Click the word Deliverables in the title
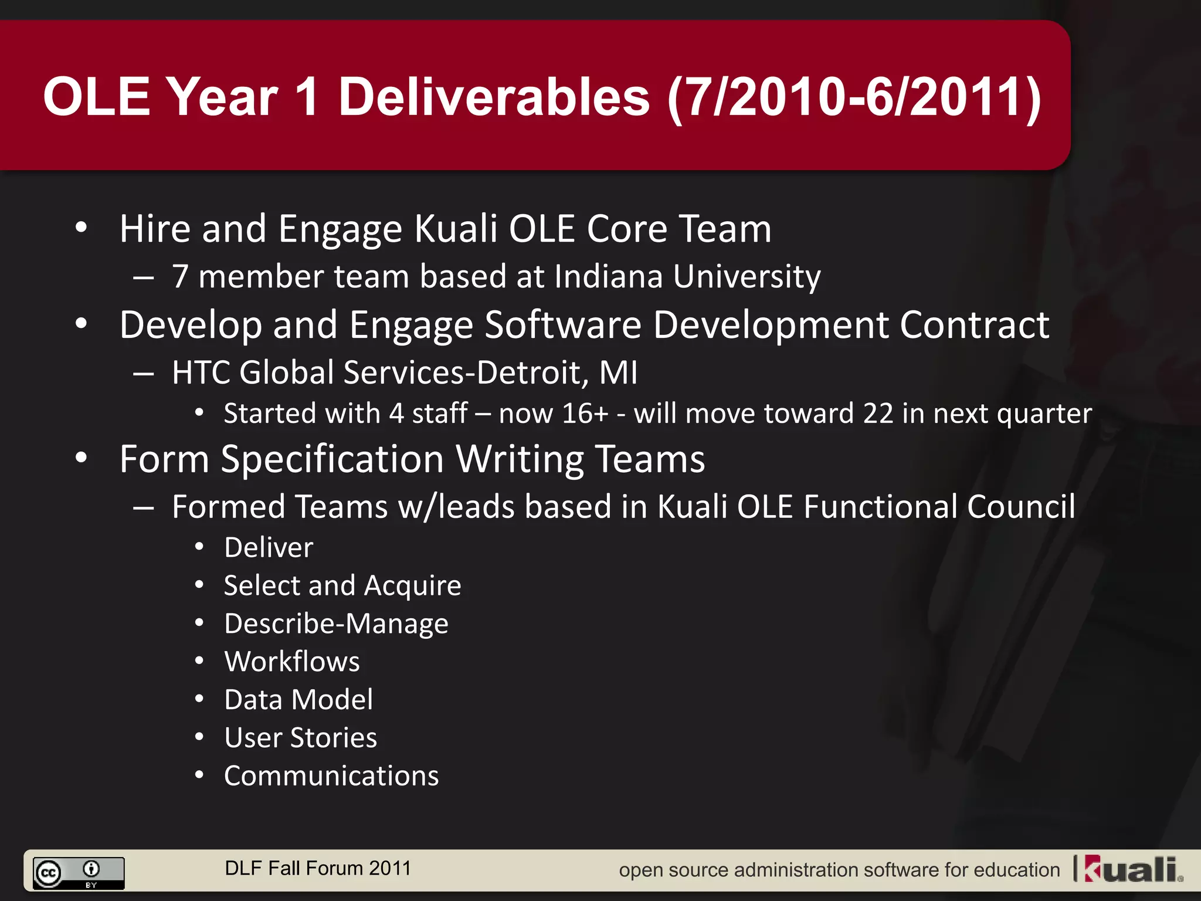point(494,97)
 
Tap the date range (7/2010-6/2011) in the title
point(854,98)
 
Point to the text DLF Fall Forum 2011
point(318,868)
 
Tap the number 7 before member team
point(180,277)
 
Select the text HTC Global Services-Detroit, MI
point(405,372)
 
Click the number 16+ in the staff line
point(585,414)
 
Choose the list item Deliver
point(269,548)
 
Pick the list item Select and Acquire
point(342,586)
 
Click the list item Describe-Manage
point(336,624)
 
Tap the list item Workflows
point(292,662)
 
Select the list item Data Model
point(298,700)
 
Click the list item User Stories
point(300,738)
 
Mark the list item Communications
point(331,776)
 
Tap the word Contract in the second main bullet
point(974,325)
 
